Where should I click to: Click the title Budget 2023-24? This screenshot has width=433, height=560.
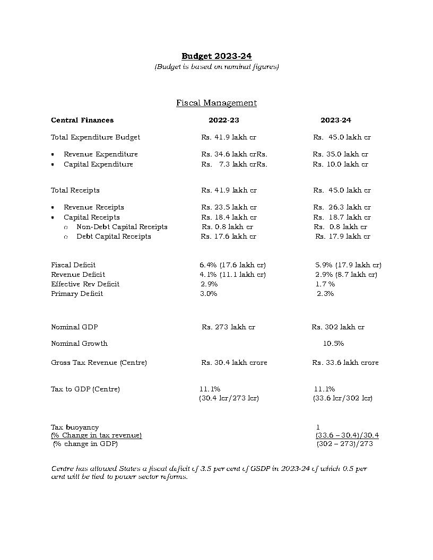(x=216, y=56)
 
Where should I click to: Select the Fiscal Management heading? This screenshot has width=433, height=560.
(x=216, y=103)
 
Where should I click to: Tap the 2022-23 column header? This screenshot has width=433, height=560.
(x=223, y=120)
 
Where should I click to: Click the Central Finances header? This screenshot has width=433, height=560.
(x=82, y=120)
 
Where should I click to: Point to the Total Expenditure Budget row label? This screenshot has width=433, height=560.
(x=96, y=137)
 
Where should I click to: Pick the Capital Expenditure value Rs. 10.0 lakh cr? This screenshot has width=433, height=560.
(x=340, y=164)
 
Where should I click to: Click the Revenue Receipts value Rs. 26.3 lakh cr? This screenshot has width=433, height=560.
(x=342, y=207)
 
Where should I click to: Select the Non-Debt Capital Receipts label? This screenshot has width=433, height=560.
(x=122, y=227)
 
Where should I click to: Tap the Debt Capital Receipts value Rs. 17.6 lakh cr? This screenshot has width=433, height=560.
(x=228, y=237)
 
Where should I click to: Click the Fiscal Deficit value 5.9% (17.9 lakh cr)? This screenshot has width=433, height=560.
(x=348, y=265)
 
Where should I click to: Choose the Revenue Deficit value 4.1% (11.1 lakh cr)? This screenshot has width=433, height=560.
(x=232, y=275)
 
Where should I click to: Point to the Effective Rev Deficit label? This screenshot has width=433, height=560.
(x=85, y=284)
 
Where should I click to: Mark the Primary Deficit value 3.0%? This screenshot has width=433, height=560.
(x=209, y=294)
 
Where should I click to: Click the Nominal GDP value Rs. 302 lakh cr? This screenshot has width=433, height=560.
(x=338, y=327)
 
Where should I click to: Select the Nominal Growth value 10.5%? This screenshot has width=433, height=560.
(x=333, y=344)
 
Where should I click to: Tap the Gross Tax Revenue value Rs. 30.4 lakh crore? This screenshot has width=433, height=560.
(x=234, y=363)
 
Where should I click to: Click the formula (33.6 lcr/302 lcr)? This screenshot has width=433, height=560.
(x=343, y=398)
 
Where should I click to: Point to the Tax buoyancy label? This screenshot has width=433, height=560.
(x=75, y=427)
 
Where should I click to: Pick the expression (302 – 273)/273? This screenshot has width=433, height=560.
(x=344, y=444)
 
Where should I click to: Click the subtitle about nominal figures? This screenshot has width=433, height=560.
(x=216, y=67)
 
